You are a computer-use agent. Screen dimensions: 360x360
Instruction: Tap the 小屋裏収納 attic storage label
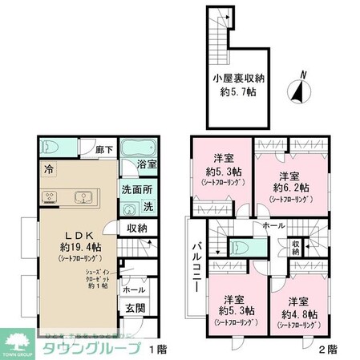pyautogui.click(x=238, y=79)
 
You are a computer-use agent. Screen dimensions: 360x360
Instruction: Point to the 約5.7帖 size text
pyautogui.click(x=238, y=94)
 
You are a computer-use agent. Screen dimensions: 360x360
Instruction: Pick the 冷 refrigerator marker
pyautogui.click(x=49, y=170)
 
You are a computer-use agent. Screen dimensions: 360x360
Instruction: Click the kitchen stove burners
pyautogui.click(x=47, y=197)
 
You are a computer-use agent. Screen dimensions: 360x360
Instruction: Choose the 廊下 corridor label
pyautogui.click(x=101, y=149)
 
